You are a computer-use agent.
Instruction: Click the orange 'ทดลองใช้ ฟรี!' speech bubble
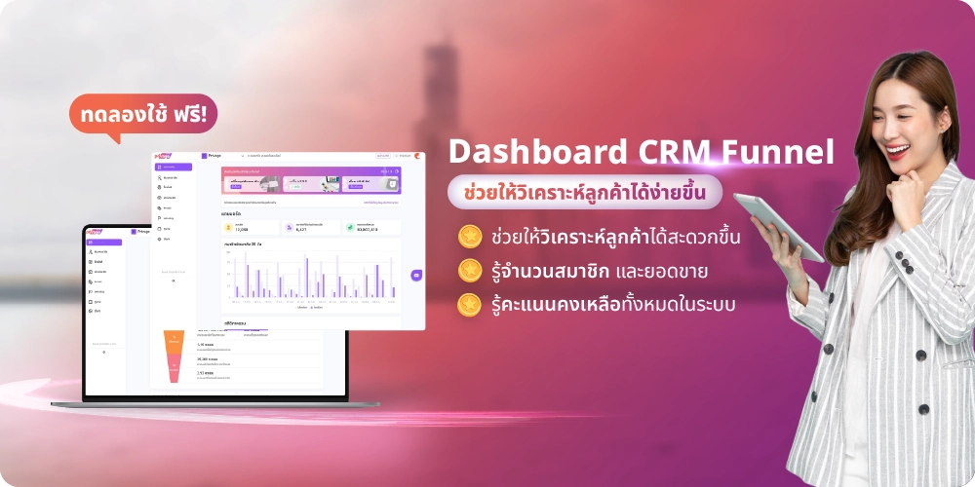coord(142,113)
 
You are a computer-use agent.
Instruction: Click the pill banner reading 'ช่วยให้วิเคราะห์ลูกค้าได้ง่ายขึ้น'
coord(585,192)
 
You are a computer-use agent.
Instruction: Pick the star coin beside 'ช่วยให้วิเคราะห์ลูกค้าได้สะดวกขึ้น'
coord(470,236)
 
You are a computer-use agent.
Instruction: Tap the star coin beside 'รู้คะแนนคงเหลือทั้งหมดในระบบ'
coord(470,303)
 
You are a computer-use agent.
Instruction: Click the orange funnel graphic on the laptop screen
coord(174,356)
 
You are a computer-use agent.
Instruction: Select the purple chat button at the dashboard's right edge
coord(416,276)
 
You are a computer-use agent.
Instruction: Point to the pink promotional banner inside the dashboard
coord(310,180)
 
